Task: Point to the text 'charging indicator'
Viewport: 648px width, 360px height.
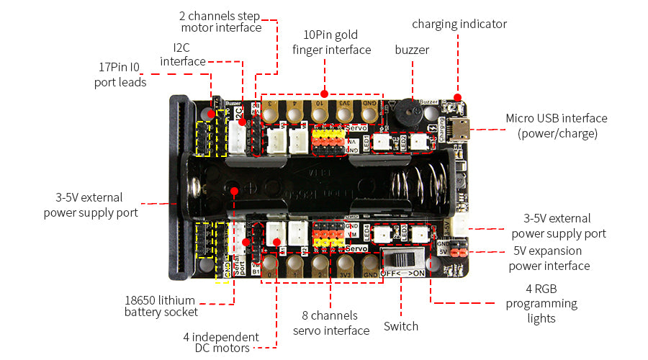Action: coord(459,24)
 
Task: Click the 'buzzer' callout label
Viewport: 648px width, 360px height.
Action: coord(412,50)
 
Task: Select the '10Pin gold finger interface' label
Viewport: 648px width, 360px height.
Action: coord(331,42)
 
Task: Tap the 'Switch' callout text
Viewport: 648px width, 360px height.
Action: coord(401,326)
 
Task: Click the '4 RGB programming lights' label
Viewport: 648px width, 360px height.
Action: coord(531,303)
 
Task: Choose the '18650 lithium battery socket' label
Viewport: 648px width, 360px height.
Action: coord(161,306)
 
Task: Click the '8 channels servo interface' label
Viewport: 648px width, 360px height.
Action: coord(330,323)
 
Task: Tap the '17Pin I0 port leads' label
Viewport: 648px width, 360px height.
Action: coord(120,75)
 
